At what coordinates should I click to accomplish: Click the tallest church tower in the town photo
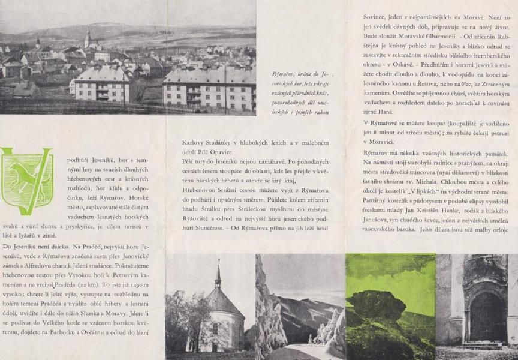pos(88,40)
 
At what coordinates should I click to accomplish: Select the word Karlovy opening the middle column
pos(196,143)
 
